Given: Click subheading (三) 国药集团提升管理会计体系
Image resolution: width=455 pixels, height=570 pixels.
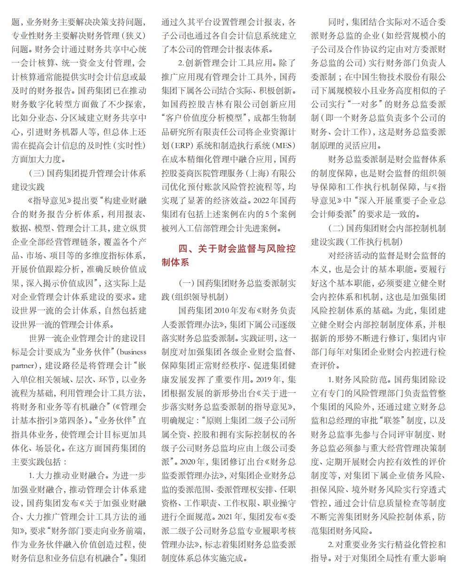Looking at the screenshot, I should [87, 173].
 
